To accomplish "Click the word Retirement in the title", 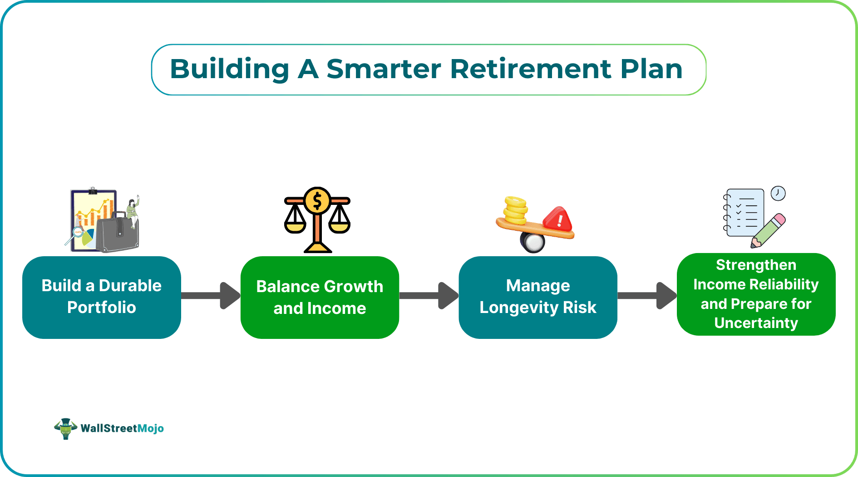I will point(531,69).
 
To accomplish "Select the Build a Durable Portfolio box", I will point(102,297).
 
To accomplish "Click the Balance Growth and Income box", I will point(320,297).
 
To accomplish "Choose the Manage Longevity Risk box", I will point(537,297).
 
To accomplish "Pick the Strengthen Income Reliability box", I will point(756,294).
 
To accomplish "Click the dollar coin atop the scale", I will point(317,200).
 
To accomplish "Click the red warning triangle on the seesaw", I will point(558,219).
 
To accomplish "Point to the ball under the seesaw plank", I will point(533,242).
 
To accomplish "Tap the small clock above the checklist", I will point(778,193).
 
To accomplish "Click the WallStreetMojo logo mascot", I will point(65,428).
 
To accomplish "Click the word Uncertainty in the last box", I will point(756,323).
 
